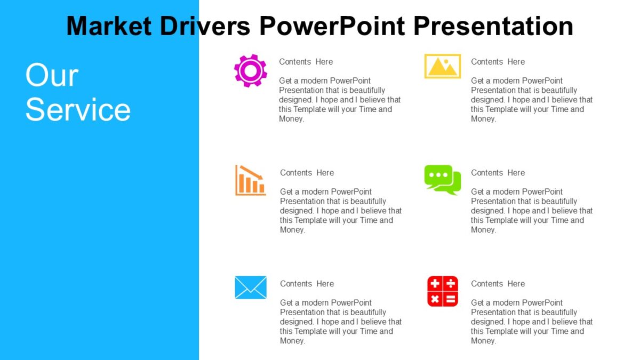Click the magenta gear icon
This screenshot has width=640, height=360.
pyautogui.click(x=250, y=70)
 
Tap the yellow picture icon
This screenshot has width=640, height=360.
pyautogui.click(x=442, y=66)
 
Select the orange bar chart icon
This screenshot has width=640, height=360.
pyautogui.click(x=250, y=180)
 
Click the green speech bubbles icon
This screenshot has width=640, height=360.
pyautogui.click(x=443, y=180)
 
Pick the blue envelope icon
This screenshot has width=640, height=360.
pyautogui.click(x=250, y=287)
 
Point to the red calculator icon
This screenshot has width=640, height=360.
pyautogui.click(x=442, y=291)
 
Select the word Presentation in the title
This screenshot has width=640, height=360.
pyautogui.click(x=493, y=26)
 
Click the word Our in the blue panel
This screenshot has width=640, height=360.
pyautogui.click(x=52, y=75)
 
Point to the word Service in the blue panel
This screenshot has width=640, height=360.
pyautogui.click(x=78, y=109)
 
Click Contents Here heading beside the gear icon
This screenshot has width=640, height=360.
pyautogui.click(x=306, y=62)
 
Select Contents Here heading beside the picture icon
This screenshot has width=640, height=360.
pyautogui.click(x=498, y=62)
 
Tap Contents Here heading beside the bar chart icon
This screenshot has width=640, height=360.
pyautogui.click(x=307, y=173)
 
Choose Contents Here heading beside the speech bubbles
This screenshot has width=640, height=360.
pyautogui.click(x=498, y=173)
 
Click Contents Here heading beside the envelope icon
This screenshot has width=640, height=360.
pyautogui.click(x=307, y=284)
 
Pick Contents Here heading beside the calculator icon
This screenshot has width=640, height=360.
pyautogui.click(x=498, y=284)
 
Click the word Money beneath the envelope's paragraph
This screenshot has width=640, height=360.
pyautogui.click(x=291, y=341)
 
